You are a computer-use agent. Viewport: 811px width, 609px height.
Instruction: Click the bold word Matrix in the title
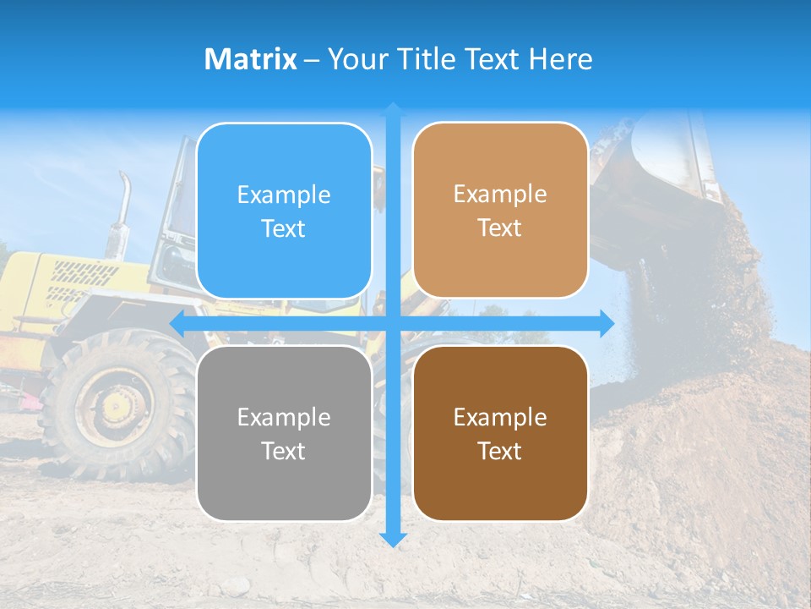point(250,59)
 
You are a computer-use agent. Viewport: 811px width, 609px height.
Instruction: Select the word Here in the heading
point(560,59)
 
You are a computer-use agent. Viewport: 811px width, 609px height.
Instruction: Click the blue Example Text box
point(284,211)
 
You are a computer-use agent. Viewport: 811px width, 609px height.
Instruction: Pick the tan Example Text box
point(500,211)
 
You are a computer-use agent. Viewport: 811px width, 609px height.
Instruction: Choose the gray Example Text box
point(284,433)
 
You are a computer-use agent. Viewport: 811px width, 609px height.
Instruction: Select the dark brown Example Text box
point(500,433)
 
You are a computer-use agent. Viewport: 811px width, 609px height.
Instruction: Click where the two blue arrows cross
point(393,323)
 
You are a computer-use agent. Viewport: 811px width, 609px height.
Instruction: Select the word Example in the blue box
point(284,195)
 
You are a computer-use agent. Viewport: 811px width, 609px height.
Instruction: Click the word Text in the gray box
point(284,451)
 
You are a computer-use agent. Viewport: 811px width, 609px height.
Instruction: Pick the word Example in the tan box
point(500,195)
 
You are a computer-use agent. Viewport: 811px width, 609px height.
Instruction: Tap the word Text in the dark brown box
point(500,451)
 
